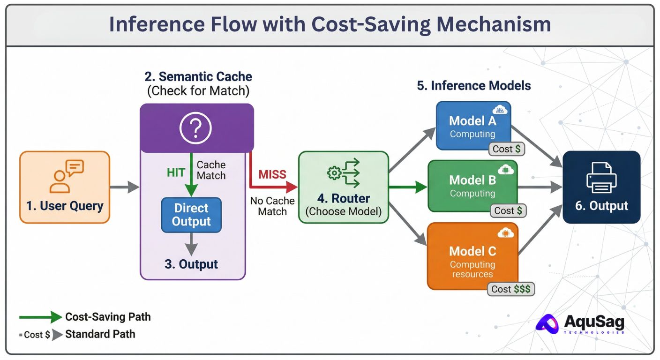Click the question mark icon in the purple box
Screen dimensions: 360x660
click(x=195, y=128)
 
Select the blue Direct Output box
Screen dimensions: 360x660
click(x=191, y=215)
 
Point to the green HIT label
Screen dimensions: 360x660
click(x=176, y=172)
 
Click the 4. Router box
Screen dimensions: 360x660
click(x=344, y=187)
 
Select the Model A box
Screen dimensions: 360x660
click(x=473, y=126)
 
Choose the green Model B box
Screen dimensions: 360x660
click(x=472, y=186)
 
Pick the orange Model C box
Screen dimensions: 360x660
click(x=472, y=256)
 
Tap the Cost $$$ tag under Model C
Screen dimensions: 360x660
click(x=510, y=289)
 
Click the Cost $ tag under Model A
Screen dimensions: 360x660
click(x=506, y=149)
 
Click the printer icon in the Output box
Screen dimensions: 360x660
click(x=601, y=178)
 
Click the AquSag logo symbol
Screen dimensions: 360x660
click(x=547, y=324)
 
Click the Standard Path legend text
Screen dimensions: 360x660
click(x=100, y=334)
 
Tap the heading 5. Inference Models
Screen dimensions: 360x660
click(x=474, y=86)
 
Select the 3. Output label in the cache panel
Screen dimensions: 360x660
click(x=191, y=264)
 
